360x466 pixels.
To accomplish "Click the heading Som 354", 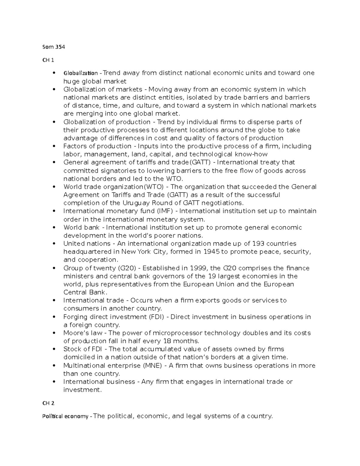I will point(53,47).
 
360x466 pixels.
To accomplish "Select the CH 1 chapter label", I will point(48,60).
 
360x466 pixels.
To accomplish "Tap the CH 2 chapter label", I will point(48,403).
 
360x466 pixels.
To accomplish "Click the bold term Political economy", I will point(65,416).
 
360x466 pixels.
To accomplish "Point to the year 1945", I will point(211,252).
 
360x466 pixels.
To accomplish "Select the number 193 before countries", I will point(258,244).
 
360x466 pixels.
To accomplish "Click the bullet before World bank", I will point(54,228).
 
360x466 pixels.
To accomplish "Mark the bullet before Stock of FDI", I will point(54,349).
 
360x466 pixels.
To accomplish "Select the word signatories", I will point(118,171).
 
